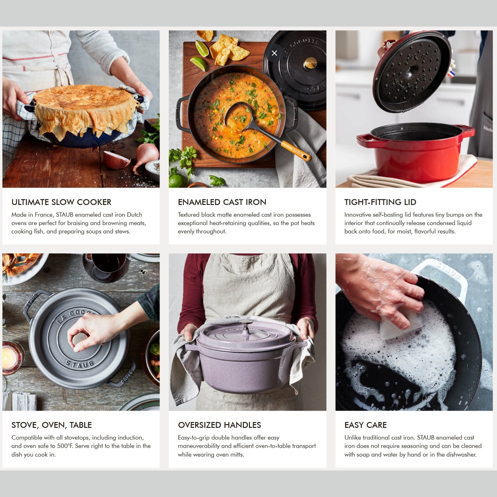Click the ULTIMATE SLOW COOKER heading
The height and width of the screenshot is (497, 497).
click(x=61, y=202)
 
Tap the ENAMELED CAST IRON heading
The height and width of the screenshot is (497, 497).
click(x=222, y=202)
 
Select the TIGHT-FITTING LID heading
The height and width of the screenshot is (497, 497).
click(x=380, y=202)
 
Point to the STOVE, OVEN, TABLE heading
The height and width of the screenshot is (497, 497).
click(x=52, y=425)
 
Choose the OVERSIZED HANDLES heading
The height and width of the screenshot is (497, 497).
click(x=219, y=425)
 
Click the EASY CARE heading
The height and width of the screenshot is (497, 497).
click(x=365, y=425)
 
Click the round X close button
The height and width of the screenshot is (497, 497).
click(x=274, y=53)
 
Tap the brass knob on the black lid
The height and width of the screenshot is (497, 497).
click(x=311, y=63)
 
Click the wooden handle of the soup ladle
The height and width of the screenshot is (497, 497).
click(x=295, y=151)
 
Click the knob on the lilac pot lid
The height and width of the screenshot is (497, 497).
click(x=246, y=325)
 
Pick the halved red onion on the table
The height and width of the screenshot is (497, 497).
click(x=116, y=160)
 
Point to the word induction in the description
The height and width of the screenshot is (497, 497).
click(x=130, y=438)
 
